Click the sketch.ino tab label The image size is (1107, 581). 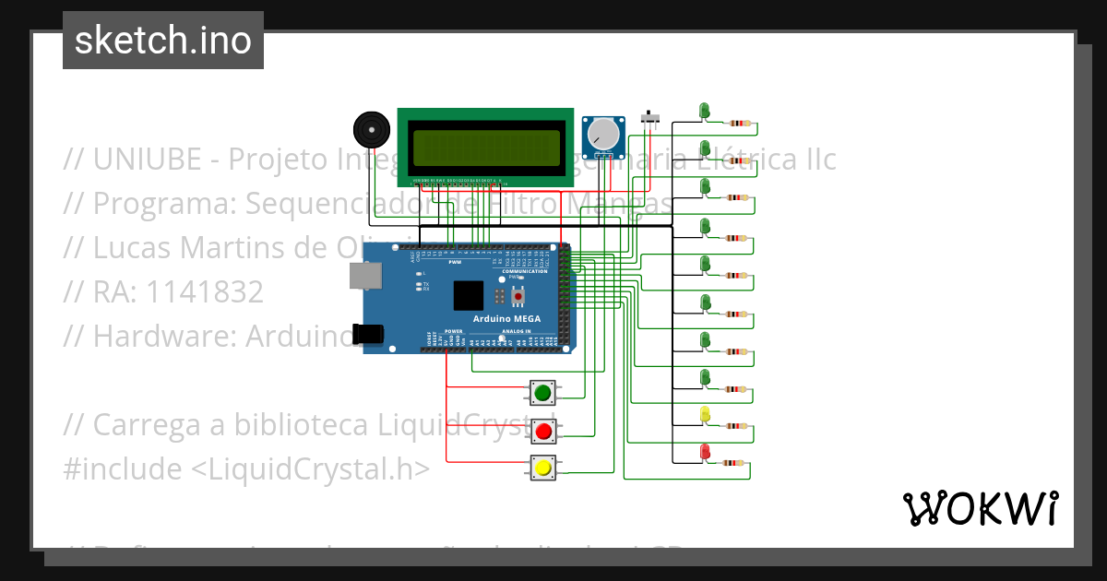click(x=163, y=41)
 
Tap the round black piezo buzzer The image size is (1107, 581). click(x=371, y=130)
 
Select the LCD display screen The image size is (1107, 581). click(x=488, y=147)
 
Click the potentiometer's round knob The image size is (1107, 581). click(x=604, y=134)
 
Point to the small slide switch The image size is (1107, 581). click(x=651, y=119)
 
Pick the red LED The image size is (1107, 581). click(x=706, y=452)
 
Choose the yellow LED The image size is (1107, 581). click(x=706, y=414)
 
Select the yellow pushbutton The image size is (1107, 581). click(x=542, y=468)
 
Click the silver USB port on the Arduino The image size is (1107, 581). click(x=365, y=275)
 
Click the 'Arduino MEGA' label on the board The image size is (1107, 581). click(x=507, y=319)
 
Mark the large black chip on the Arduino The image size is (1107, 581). click(x=469, y=295)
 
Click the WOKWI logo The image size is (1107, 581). click(x=981, y=508)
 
